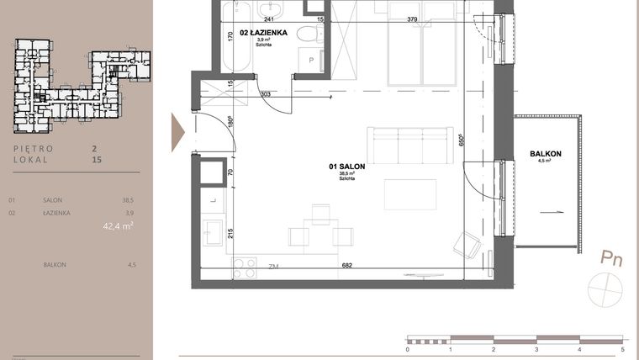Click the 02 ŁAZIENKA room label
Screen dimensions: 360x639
click(265, 33)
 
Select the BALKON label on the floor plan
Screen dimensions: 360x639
click(547, 154)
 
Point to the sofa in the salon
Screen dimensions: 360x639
click(407, 146)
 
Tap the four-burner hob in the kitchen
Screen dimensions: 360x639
click(244, 267)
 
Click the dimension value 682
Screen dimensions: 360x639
click(346, 266)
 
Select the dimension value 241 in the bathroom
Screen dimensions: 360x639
click(269, 19)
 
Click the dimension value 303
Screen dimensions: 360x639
click(265, 94)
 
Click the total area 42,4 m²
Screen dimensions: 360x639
click(119, 225)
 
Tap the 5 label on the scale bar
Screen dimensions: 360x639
click(622, 348)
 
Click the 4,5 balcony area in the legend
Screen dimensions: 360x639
click(130, 265)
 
